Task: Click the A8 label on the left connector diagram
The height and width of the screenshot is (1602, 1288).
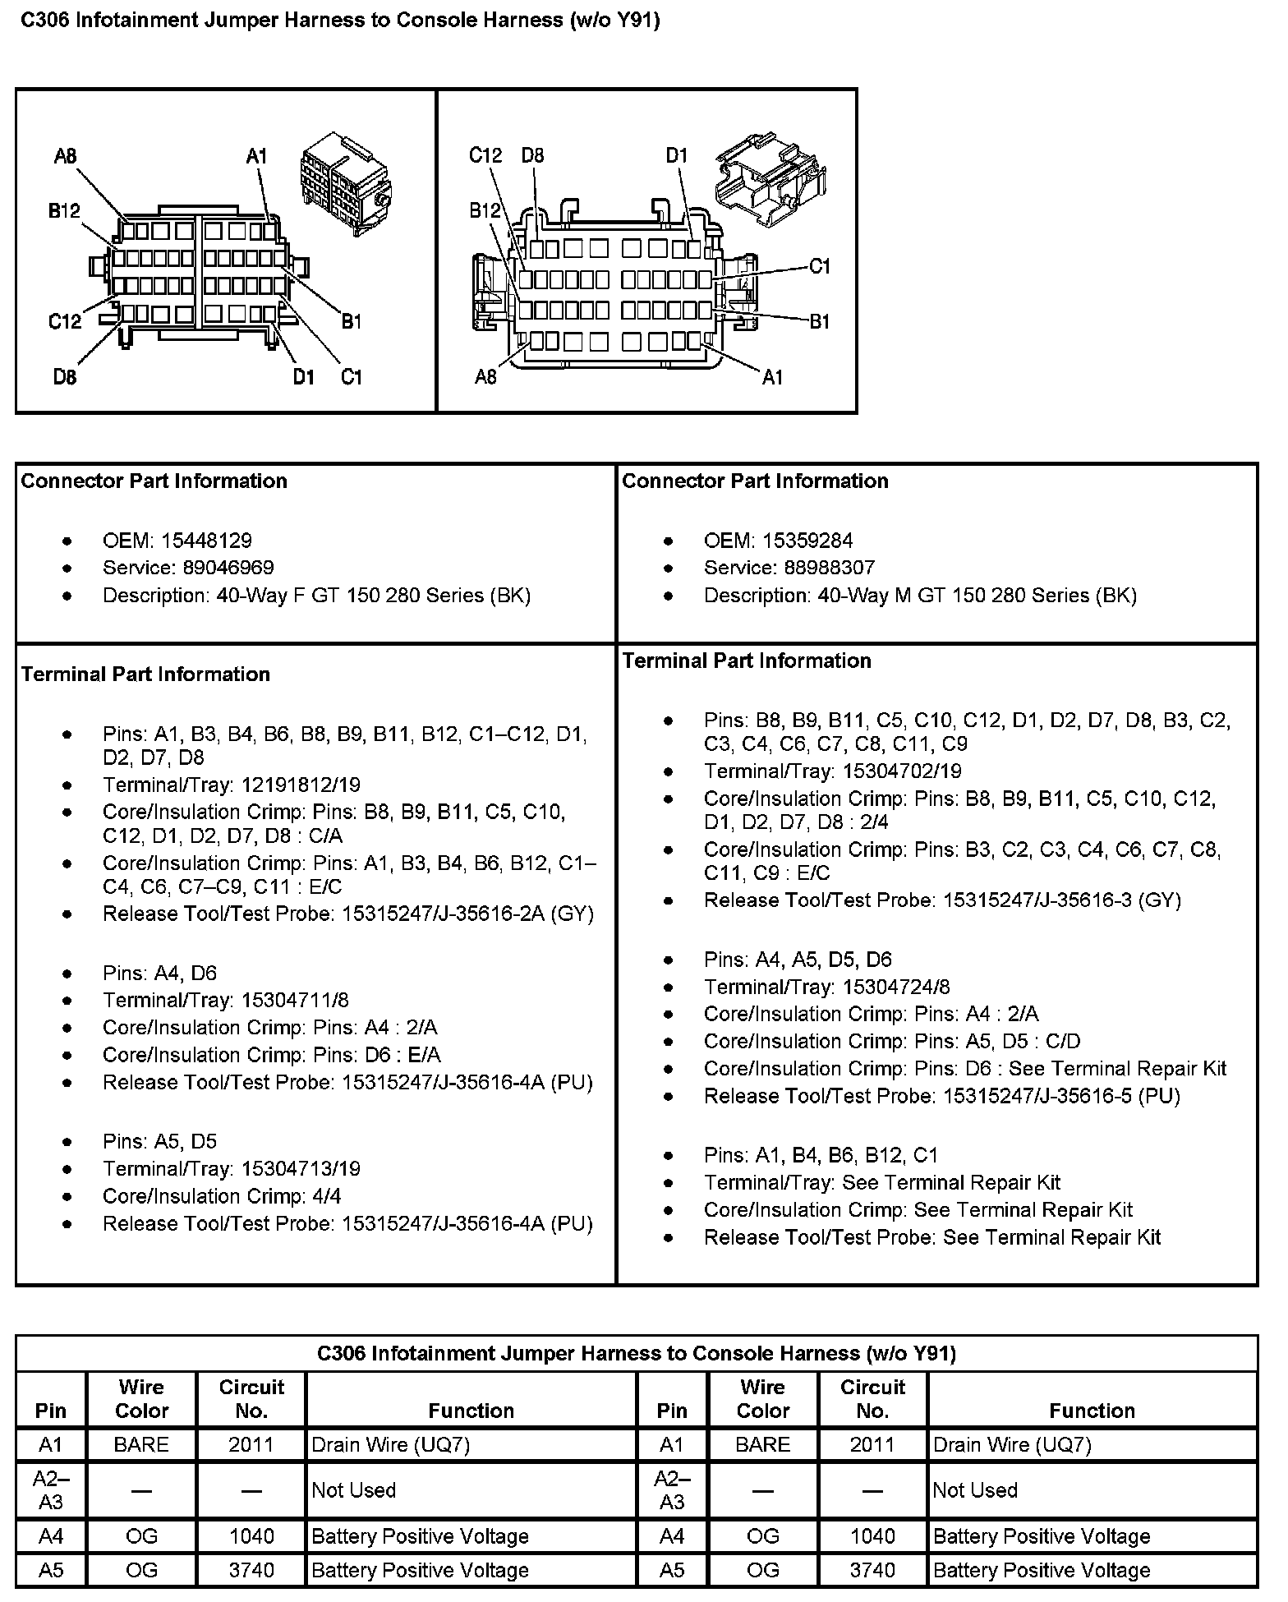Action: click(65, 156)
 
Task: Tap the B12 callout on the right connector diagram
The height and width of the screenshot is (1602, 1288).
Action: click(485, 211)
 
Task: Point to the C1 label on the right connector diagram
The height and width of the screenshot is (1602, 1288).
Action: click(820, 266)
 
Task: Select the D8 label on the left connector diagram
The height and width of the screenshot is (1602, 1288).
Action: click(65, 377)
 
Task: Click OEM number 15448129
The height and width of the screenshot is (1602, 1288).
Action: click(206, 541)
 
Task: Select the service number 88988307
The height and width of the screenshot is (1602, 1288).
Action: click(818, 568)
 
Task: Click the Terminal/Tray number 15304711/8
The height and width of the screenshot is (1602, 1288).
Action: click(294, 1000)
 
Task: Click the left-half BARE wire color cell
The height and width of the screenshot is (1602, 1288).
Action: click(141, 1445)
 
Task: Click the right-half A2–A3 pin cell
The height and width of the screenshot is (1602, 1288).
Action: click(672, 1490)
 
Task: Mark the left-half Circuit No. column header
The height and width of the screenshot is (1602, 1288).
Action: click(251, 1399)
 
